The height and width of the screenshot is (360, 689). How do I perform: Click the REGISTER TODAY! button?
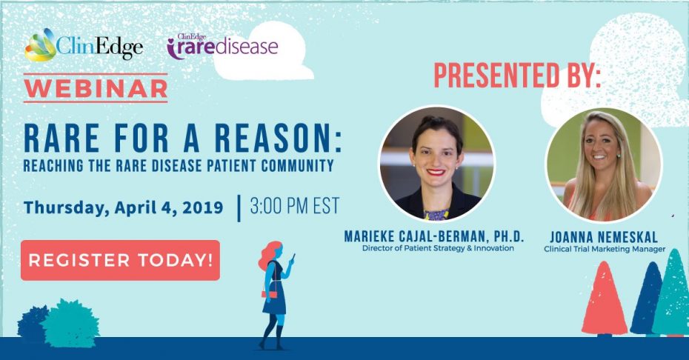[120, 260]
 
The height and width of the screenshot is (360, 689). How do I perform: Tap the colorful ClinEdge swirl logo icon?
[41, 46]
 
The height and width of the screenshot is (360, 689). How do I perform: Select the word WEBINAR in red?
[96, 88]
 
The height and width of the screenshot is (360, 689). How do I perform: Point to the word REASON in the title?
[278, 139]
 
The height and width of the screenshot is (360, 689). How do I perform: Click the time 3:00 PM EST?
[295, 206]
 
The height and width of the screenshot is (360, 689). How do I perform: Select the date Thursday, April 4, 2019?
[124, 207]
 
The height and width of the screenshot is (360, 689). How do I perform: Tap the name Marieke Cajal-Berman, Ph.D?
[434, 236]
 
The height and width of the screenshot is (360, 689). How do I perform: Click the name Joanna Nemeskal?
[604, 237]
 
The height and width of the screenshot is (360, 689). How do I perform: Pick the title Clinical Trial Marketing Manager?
[605, 249]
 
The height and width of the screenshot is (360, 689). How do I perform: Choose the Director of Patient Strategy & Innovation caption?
[438, 248]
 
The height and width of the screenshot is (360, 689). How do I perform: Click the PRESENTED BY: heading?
[517, 76]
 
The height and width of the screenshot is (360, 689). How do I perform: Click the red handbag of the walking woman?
[270, 294]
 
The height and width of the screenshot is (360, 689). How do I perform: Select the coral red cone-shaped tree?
[605, 299]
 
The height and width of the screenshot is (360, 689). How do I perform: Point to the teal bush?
[70, 324]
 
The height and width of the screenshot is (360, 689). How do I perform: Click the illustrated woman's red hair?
[268, 255]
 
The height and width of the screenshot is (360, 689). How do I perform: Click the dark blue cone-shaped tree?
[645, 299]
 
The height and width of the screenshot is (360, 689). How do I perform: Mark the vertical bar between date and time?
[239, 208]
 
